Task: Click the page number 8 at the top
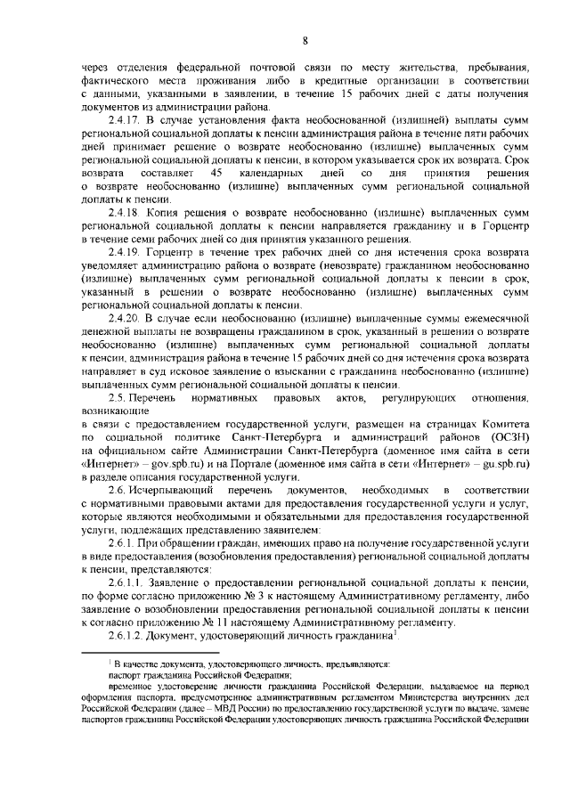(305, 40)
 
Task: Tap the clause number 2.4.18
(126, 214)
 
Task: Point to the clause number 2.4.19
(126, 254)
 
